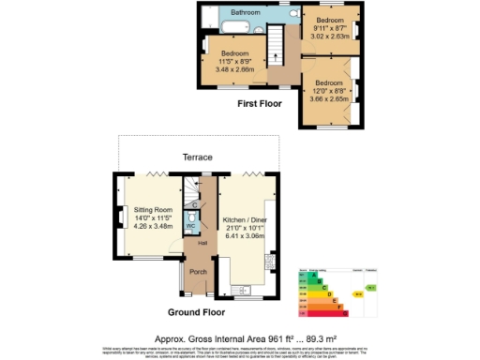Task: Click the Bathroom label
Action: pos(246,12)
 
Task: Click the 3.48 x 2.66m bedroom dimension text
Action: pos(233,68)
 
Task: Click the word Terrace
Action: pos(198,157)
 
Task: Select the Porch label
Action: pos(198,272)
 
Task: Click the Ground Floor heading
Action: pos(196,310)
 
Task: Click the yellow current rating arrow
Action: pos(357,293)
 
